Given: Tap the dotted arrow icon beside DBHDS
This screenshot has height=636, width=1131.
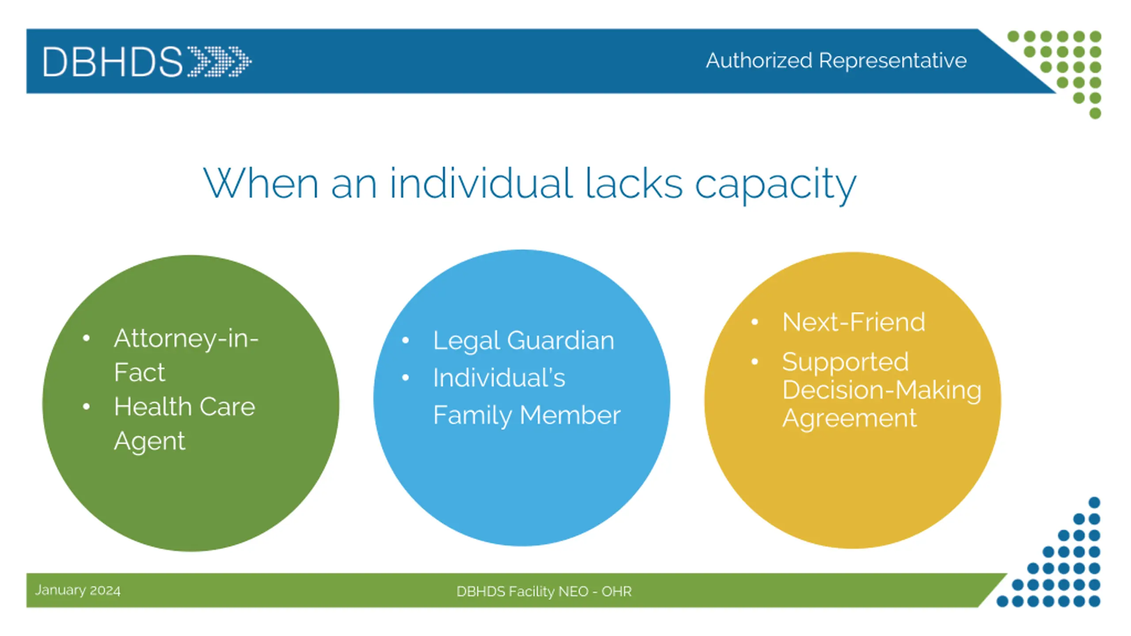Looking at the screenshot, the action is pyautogui.click(x=220, y=61).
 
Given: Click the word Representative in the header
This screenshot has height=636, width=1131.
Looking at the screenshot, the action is pyautogui.click(x=892, y=61).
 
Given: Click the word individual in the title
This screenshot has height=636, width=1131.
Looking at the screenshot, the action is pyautogui.click(x=481, y=183).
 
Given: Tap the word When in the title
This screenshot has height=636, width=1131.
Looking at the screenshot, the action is pyautogui.click(x=261, y=183).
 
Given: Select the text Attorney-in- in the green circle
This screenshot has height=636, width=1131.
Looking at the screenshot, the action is pyautogui.click(x=186, y=339).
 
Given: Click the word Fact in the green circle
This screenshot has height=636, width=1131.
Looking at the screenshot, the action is pyautogui.click(x=139, y=372).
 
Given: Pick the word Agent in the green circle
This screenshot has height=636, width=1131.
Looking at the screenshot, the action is pyautogui.click(x=149, y=441).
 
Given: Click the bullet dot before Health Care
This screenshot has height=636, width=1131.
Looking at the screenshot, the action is pyautogui.click(x=86, y=406).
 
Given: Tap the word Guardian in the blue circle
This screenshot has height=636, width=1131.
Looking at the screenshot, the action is pyautogui.click(x=561, y=341).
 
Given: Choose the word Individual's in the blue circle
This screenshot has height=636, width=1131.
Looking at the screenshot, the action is pyautogui.click(x=499, y=378).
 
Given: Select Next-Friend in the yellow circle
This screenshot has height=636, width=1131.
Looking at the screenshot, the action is pyautogui.click(x=854, y=322).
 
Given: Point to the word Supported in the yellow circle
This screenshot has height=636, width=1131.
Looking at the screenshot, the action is pyautogui.click(x=845, y=362).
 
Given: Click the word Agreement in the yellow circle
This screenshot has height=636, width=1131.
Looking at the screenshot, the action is pyautogui.click(x=849, y=418).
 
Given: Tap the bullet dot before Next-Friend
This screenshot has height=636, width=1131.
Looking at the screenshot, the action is pyautogui.click(x=755, y=322).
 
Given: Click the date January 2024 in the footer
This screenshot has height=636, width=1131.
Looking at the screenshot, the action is pyautogui.click(x=78, y=591).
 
